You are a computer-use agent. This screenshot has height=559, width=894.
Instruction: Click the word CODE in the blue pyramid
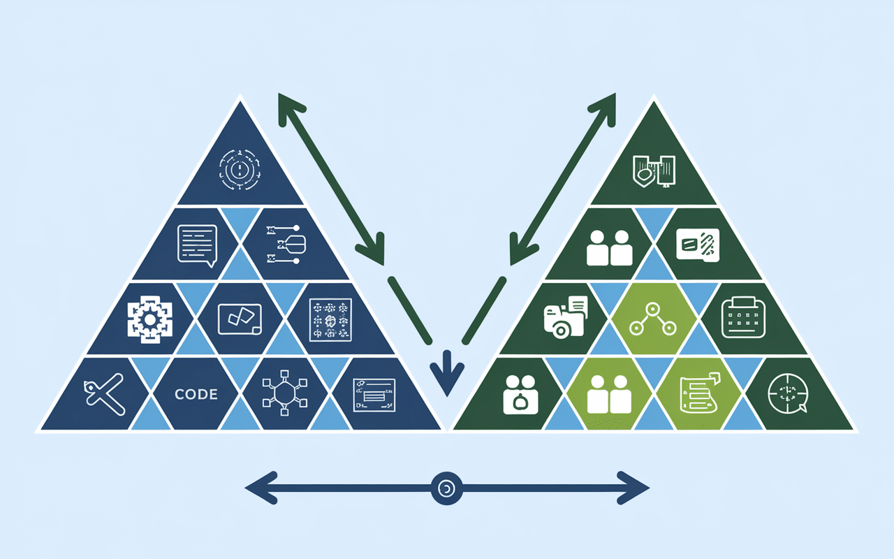196,394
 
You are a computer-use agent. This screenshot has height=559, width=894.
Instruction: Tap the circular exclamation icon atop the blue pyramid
240,170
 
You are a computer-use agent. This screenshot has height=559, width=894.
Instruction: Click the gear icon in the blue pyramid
149,320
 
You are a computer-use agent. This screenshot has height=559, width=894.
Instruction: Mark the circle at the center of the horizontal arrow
446,488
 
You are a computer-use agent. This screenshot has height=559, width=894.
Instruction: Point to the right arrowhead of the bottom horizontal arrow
636,488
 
